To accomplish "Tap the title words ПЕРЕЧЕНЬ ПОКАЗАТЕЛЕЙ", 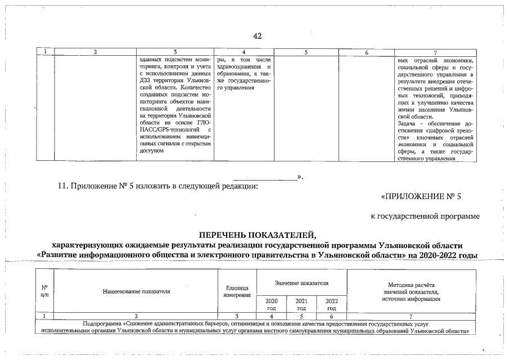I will click(258, 235).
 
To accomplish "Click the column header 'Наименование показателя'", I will click(136, 291).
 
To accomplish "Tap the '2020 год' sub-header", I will click(271, 304).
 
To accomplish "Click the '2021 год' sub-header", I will click(301, 304).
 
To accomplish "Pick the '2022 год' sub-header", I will click(331, 304).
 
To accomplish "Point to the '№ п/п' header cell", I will click(44, 291).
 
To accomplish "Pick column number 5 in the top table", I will click(306, 52).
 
